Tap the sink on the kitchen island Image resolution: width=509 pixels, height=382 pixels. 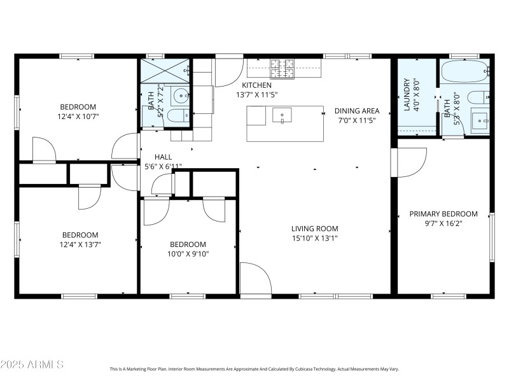pos(281,115)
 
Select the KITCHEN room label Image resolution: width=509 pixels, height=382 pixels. pos(256,85)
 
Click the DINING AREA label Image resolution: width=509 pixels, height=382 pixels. pos(357,110)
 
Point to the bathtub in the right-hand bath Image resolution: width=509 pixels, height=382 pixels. pos(464,72)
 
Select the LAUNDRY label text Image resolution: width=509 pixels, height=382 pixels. pos(407,94)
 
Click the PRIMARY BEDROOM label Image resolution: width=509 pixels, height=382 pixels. pos(443,214)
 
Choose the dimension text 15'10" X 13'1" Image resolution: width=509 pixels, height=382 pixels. pos(314,238)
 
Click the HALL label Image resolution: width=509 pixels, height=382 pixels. pos(164,157)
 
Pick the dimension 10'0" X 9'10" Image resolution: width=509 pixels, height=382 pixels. pos(188,253)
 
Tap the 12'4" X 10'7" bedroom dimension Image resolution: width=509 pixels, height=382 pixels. pos(78,117)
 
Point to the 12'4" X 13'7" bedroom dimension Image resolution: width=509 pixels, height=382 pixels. pos(80,244)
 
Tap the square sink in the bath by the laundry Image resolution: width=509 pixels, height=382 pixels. pos(479,119)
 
